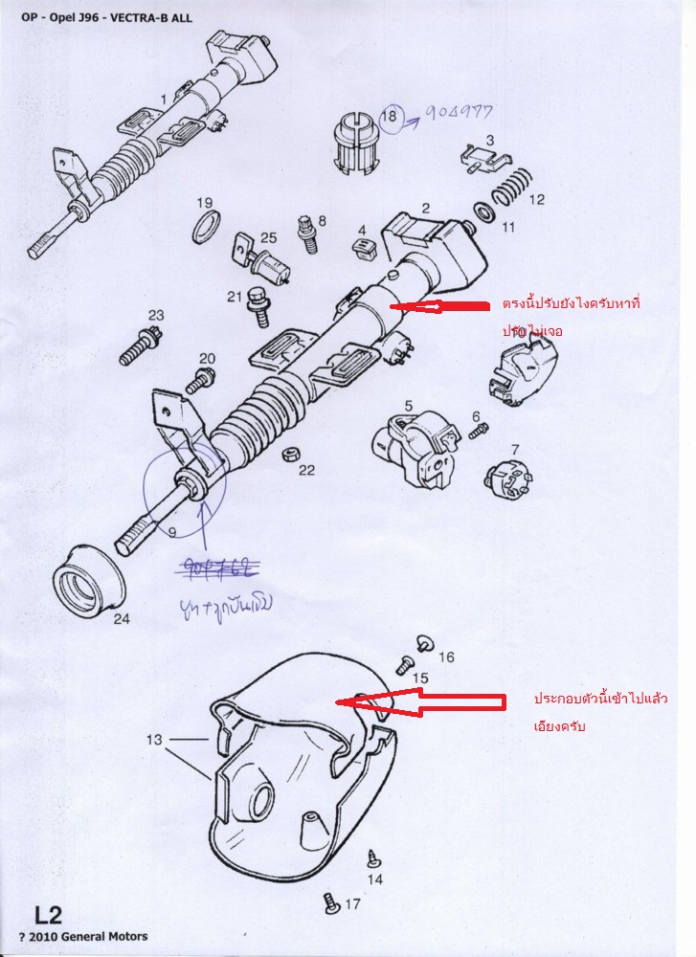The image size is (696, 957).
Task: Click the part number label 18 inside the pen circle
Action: tap(389, 119)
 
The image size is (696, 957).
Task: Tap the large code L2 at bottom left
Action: tap(49, 913)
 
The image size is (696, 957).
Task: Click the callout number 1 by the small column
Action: tap(164, 99)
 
